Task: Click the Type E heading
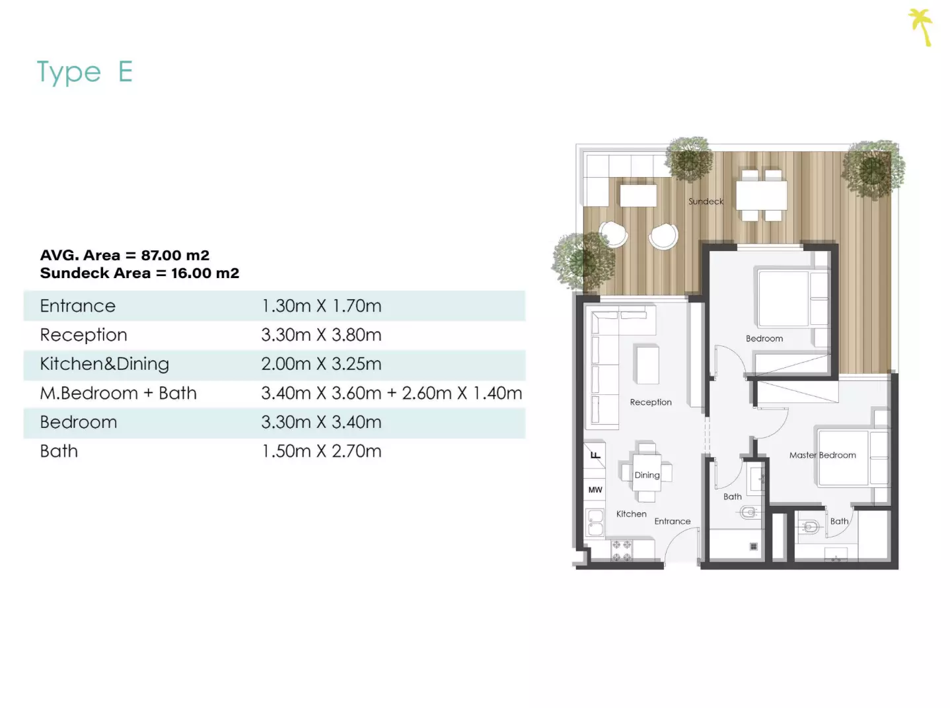(x=85, y=72)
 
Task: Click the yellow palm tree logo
(x=921, y=27)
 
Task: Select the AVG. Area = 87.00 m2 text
(x=125, y=255)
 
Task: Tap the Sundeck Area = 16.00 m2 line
(x=139, y=273)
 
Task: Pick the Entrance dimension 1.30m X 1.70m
(x=321, y=306)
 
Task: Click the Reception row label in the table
(x=83, y=336)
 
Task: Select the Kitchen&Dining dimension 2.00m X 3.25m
(x=321, y=364)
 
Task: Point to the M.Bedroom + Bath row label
(x=118, y=393)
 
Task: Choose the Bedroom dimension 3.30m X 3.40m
(x=321, y=422)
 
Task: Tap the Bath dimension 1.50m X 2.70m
(x=321, y=451)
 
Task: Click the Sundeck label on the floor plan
(x=706, y=201)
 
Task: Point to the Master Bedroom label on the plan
(x=822, y=455)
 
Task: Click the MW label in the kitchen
(x=595, y=489)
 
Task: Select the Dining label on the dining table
(x=647, y=475)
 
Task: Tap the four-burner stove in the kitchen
(x=622, y=551)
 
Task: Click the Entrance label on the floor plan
(x=672, y=521)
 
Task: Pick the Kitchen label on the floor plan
(x=632, y=514)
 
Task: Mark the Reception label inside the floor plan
(x=651, y=402)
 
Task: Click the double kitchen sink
(x=595, y=523)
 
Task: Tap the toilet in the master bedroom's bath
(x=807, y=527)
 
